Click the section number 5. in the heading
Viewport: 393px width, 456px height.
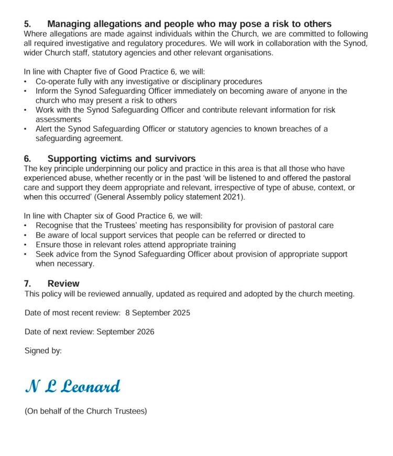point(28,24)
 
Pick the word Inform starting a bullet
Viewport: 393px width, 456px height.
point(46,91)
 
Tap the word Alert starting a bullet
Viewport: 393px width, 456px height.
point(45,129)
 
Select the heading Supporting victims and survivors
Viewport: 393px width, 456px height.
point(122,158)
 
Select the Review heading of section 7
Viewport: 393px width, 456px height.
point(63,283)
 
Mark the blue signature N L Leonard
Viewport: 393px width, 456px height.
point(73,387)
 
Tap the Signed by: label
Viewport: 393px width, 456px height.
point(43,351)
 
